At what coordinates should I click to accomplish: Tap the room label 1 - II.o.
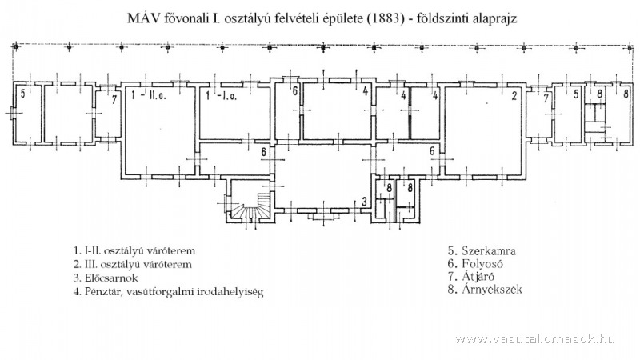click(149, 97)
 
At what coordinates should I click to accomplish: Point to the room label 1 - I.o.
click(222, 97)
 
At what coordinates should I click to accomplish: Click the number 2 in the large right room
click(514, 96)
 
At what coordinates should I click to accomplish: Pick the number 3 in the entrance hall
click(365, 202)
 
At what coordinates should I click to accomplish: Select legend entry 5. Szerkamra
click(482, 250)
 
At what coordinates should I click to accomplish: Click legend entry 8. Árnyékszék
click(485, 289)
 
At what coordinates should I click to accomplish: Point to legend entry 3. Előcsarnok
click(106, 278)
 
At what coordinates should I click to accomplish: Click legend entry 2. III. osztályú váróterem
click(133, 264)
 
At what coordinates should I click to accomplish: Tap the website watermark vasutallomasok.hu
click(534, 338)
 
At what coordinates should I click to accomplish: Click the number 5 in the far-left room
click(23, 94)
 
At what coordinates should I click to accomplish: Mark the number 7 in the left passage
click(114, 100)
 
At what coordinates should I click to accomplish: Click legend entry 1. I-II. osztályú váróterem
click(134, 250)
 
